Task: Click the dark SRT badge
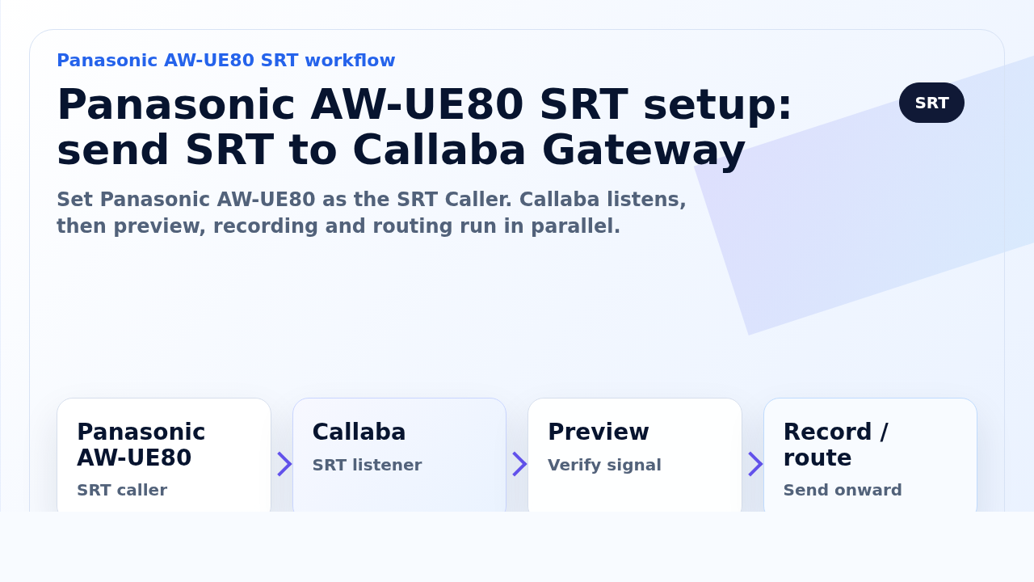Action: tap(931, 103)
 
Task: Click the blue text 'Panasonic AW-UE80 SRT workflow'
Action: tap(225, 61)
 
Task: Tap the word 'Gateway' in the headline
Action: tap(644, 150)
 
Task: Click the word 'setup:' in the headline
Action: tap(718, 105)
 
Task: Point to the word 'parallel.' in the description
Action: tap(576, 226)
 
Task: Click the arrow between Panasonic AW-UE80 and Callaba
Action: tap(284, 464)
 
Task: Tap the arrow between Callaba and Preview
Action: tap(519, 464)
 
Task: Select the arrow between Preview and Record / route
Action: tap(755, 464)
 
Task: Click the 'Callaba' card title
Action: tap(359, 432)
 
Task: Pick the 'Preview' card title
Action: tap(599, 432)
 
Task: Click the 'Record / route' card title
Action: tap(835, 445)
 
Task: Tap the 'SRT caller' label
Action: tap(122, 490)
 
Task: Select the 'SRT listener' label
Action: tap(367, 465)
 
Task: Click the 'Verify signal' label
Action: tap(604, 465)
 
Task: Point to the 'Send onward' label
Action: tap(843, 490)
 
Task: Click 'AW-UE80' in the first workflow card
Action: tap(134, 458)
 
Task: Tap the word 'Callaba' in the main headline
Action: tap(439, 150)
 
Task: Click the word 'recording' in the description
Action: tap(266, 226)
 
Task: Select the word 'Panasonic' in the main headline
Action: tap(176, 105)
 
